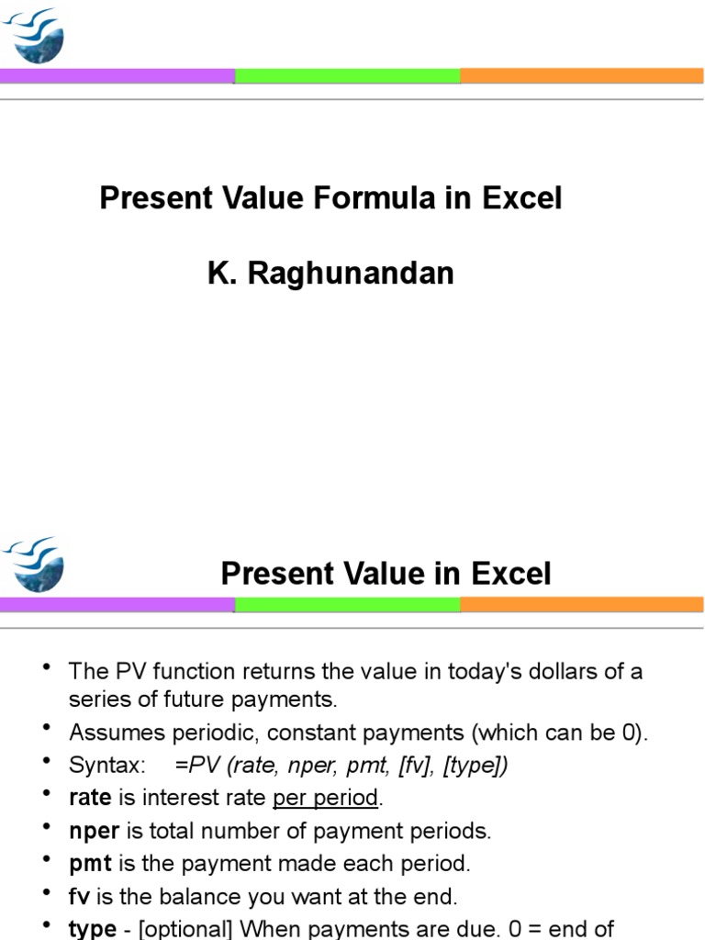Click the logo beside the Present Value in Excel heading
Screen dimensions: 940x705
34,564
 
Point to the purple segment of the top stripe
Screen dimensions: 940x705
117,75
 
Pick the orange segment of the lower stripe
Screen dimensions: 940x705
582,604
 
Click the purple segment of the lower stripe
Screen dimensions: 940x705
117,604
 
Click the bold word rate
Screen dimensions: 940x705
89,798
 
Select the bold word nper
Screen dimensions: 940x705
94,831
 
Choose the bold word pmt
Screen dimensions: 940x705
89,863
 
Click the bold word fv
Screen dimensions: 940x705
79,896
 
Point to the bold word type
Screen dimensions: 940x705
92,928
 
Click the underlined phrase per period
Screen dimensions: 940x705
325,798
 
